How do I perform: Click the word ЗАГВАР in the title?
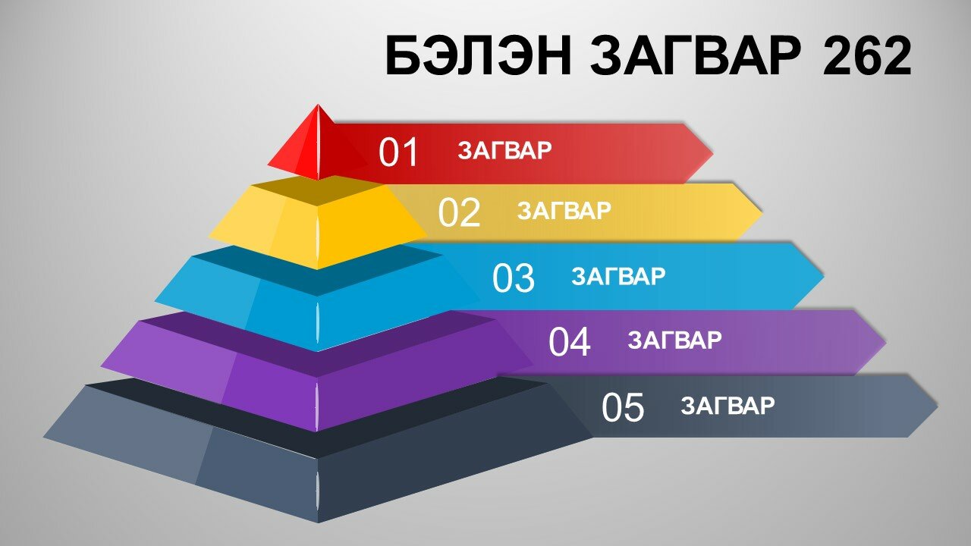pos(696,56)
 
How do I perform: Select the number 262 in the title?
pos(866,56)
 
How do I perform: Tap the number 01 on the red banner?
pos(398,152)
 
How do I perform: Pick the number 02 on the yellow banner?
pos(459,212)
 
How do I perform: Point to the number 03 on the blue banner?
pos(514,278)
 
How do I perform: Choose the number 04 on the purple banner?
pos(569,342)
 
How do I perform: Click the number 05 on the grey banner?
pos(623,407)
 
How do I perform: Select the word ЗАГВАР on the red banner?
pos(504,150)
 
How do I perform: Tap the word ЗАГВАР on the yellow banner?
pos(564,211)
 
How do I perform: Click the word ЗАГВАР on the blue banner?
pos(618,276)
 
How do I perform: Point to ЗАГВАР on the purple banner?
pos(674,340)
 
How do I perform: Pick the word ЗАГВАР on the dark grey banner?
pos(727,406)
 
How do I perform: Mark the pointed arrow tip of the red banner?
pos(713,153)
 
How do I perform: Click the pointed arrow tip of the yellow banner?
pos(762,213)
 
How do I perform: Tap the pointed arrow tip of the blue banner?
pos(824,275)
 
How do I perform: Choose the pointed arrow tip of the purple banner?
pos(885,342)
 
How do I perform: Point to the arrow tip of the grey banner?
pos(938,406)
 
